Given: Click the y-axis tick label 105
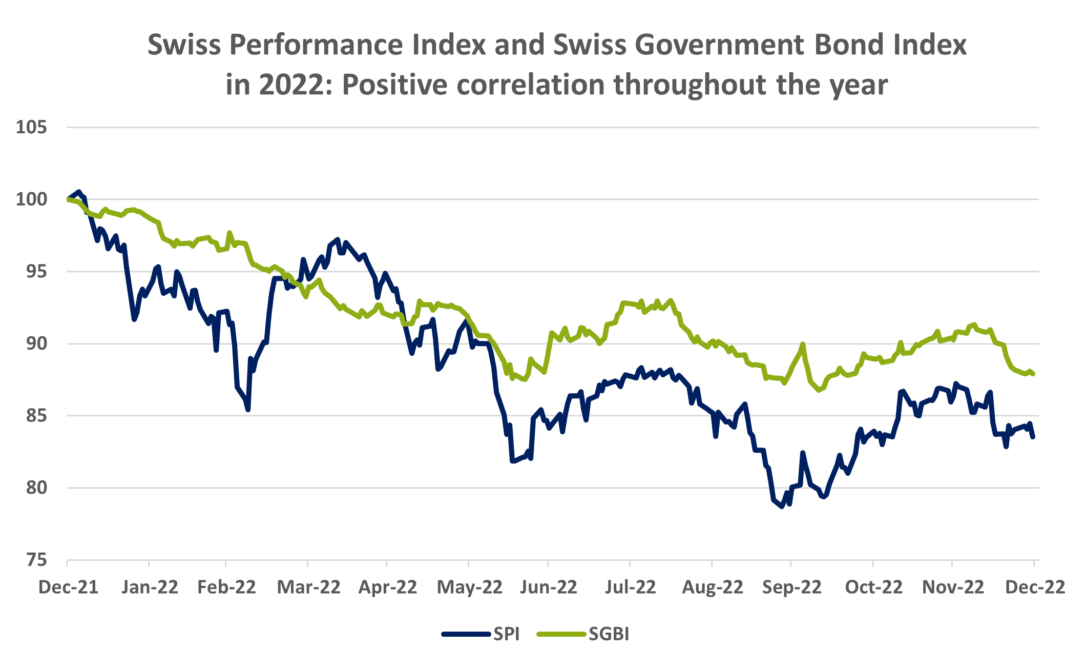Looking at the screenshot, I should pyautogui.click(x=31, y=127).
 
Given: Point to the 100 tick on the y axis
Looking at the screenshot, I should pyautogui.click(x=31, y=199).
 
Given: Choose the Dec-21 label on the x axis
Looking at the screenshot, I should pyautogui.click(x=68, y=587).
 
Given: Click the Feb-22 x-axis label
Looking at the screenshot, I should pyautogui.click(x=226, y=587).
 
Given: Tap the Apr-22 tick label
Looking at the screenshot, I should pyautogui.click(x=388, y=587).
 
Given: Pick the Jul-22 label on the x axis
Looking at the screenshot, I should pyautogui.click(x=630, y=587).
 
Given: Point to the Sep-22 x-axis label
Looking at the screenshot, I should pyautogui.click(x=791, y=587).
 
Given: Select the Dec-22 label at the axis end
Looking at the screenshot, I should pyautogui.click(x=1035, y=587).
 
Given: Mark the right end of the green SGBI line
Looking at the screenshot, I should pyautogui.click(x=1033, y=374).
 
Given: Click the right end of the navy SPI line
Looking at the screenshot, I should pyautogui.click(x=1033, y=437).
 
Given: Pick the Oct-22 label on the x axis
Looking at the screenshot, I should pyautogui.click(x=873, y=587).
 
